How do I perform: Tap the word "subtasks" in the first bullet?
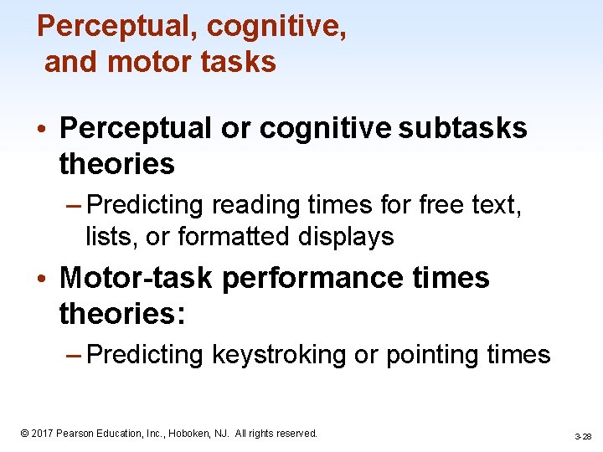pyautogui.click(x=463, y=128)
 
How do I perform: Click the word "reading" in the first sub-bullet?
pyautogui.click(x=248, y=204)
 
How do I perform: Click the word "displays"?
pyautogui.click(x=352, y=237)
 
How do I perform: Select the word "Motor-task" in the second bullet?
pyautogui.click(x=137, y=277)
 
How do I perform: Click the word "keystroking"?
pyautogui.click(x=280, y=355)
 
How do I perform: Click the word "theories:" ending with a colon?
pyautogui.click(x=121, y=314)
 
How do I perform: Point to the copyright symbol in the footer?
pyautogui.click(x=24, y=434)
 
